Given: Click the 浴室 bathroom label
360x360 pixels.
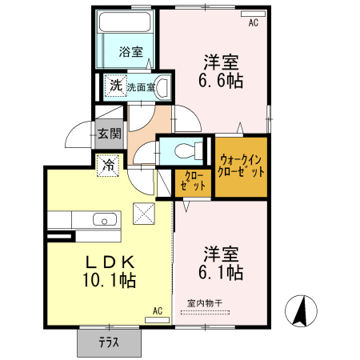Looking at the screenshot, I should [x=131, y=53].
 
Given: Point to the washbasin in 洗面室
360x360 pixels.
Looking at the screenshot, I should [x=162, y=86].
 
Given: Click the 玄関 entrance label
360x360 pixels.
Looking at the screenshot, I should [x=109, y=134].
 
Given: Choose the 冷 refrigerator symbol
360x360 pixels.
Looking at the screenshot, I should [x=108, y=166].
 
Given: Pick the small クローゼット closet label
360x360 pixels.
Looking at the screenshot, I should [x=193, y=181].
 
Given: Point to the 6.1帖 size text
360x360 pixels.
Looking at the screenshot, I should [x=222, y=272].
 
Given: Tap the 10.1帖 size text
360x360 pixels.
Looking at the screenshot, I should [x=109, y=280].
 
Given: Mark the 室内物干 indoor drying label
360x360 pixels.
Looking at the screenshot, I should [x=206, y=303].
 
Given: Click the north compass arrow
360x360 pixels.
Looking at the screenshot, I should [x=303, y=311].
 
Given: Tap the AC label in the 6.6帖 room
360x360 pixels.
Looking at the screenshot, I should [x=253, y=23].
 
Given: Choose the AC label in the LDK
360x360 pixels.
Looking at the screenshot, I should [x=158, y=310].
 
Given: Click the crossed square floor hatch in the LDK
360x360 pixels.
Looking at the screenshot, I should [x=144, y=214].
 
